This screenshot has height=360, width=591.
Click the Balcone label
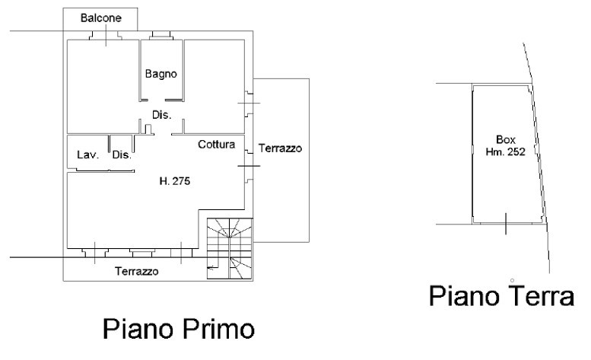pyautogui.click(x=101, y=18)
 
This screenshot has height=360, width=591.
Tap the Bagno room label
pyautogui.click(x=161, y=74)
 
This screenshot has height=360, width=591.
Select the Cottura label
pyautogui.click(x=216, y=145)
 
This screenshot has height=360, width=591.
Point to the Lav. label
pyautogui.click(x=87, y=155)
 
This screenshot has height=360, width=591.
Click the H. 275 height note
pyautogui.click(x=174, y=181)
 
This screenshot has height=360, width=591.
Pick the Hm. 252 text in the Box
pyautogui.click(x=506, y=152)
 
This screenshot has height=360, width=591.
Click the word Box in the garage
pyautogui.click(x=506, y=140)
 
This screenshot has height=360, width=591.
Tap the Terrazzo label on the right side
pyautogui.click(x=280, y=148)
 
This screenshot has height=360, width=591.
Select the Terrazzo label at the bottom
pyautogui.click(x=136, y=272)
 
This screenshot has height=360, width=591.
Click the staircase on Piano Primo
pyautogui.click(x=230, y=249)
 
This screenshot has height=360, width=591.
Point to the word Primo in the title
pyautogui.click(x=218, y=329)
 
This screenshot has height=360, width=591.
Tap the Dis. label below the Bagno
pyautogui.click(x=162, y=115)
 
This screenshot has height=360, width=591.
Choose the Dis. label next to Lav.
pyautogui.click(x=122, y=155)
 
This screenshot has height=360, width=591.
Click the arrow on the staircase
pyautogui.click(x=211, y=268)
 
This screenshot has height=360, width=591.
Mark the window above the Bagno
pyautogui.click(x=161, y=35)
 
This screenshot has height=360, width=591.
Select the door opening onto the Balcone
pyautogui.click(x=106, y=36)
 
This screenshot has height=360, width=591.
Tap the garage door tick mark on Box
pyautogui.click(x=506, y=224)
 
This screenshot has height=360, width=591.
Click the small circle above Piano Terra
pyautogui.click(x=512, y=280)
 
